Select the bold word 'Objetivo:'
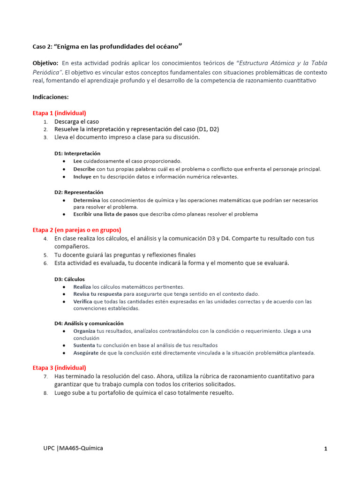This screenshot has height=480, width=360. [45, 63]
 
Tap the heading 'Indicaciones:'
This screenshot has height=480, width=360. [51, 97]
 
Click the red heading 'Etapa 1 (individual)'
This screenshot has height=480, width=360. [59, 113]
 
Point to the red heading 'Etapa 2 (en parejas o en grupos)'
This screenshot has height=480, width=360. [77, 230]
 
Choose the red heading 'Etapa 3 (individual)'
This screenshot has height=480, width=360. [59, 367]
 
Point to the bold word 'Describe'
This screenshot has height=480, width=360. [84, 169]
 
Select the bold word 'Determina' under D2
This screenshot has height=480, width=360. [87, 200]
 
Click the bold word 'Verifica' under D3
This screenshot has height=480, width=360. [83, 301]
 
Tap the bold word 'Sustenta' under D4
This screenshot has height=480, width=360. [84, 345]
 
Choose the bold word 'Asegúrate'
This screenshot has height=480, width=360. [86, 352]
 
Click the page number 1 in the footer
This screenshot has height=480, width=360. [325, 449]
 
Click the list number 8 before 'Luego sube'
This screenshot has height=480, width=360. [45, 393]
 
